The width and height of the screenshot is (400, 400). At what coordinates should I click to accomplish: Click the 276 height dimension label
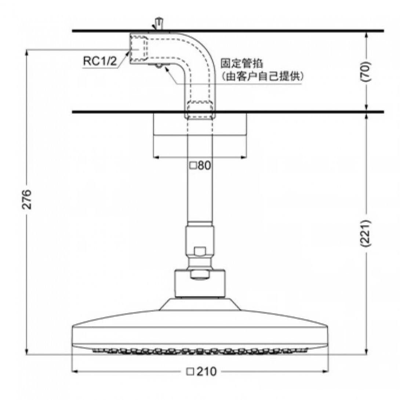(x=27, y=199)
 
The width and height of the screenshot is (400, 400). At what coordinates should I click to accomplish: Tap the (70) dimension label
(x=365, y=71)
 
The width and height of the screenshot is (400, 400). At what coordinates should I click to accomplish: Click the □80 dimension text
(x=200, y=166)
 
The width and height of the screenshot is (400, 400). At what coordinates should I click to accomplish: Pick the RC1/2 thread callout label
(x=100, y=61)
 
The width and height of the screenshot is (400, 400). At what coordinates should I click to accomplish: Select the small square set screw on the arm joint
(x=200, y=251)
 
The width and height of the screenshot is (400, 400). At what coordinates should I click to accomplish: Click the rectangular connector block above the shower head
(x=200, y=283)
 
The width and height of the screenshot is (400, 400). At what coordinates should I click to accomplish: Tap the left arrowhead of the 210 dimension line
(x=74, y=371)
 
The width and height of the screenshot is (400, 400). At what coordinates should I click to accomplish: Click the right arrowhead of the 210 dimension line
(x=326, y=371)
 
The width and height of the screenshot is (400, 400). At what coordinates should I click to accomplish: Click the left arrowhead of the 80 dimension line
(x=156, y=157)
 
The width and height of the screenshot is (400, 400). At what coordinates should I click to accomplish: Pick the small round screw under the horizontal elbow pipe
(x=159, y=66)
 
